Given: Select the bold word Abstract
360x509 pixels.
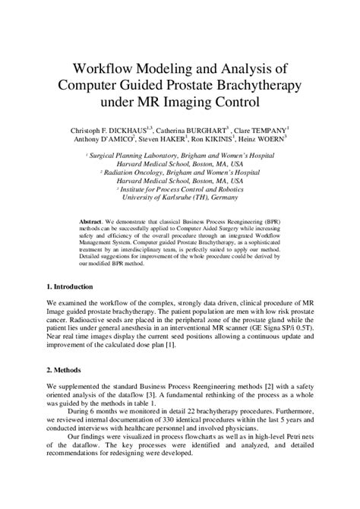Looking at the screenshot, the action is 93,221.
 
